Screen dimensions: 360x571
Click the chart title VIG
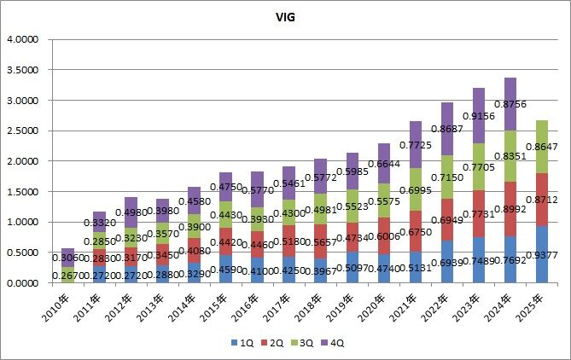click(286, 16)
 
